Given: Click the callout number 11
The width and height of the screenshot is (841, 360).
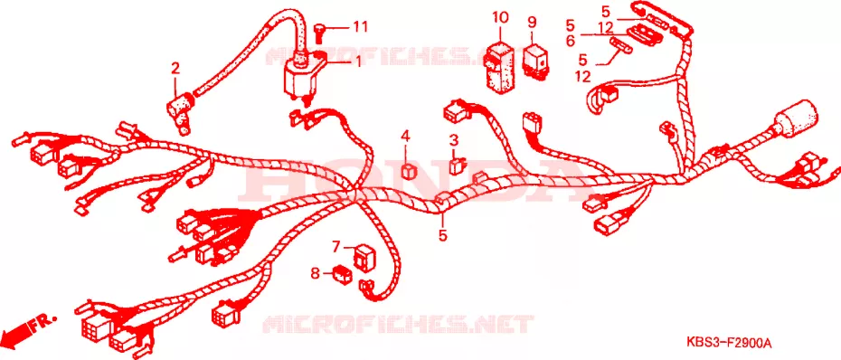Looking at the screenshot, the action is tap(360, 26).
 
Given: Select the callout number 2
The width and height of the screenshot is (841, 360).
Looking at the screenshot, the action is tap(175, 69).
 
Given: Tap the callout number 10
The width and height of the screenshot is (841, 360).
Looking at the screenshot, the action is tap(500, 17).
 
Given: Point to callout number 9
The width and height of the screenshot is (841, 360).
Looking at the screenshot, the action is tap(532, 23).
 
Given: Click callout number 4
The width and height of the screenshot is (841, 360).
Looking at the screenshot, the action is tap(405, 137).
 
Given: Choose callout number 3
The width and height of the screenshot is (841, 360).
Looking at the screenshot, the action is tap(454, 141).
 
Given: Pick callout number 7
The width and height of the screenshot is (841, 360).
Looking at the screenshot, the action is tap(335, 247).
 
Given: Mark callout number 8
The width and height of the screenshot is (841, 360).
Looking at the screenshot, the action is tap(315, 274).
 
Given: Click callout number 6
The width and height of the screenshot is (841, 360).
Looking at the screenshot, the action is tap(570, 40).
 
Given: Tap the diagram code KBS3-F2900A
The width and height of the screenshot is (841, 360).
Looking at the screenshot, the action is tap(728, 342).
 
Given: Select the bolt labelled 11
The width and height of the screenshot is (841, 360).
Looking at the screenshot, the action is tap(319, 30).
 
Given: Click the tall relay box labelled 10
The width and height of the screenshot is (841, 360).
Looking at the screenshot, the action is tap(499, 64).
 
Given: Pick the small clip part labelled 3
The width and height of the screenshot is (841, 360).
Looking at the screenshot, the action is tap(457, 166).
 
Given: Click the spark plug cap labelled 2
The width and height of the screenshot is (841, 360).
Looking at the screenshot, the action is tap(179, 110).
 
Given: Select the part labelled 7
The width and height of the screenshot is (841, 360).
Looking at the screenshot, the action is tap(365, 257).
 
